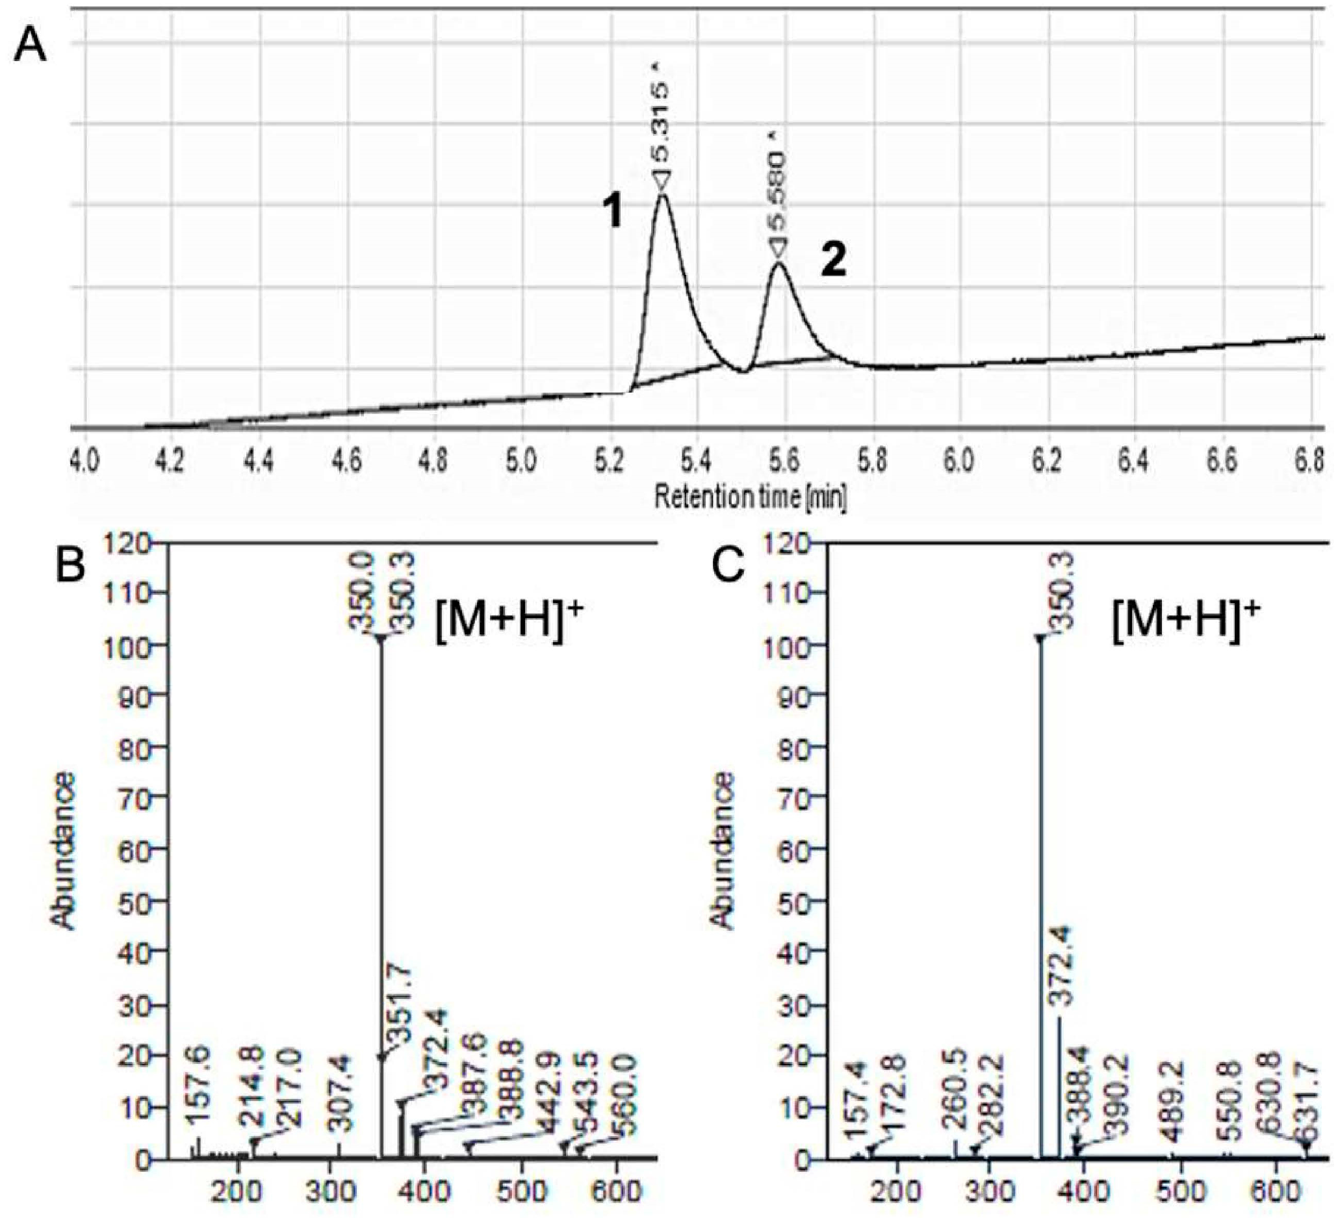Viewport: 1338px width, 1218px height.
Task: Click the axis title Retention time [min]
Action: pyautogui.click(x=750, y=497)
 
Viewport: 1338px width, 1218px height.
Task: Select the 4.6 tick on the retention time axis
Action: pyautogui.click(x=346, y=459)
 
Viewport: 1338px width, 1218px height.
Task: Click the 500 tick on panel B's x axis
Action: pyautogui.click(x=522, y=1192)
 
